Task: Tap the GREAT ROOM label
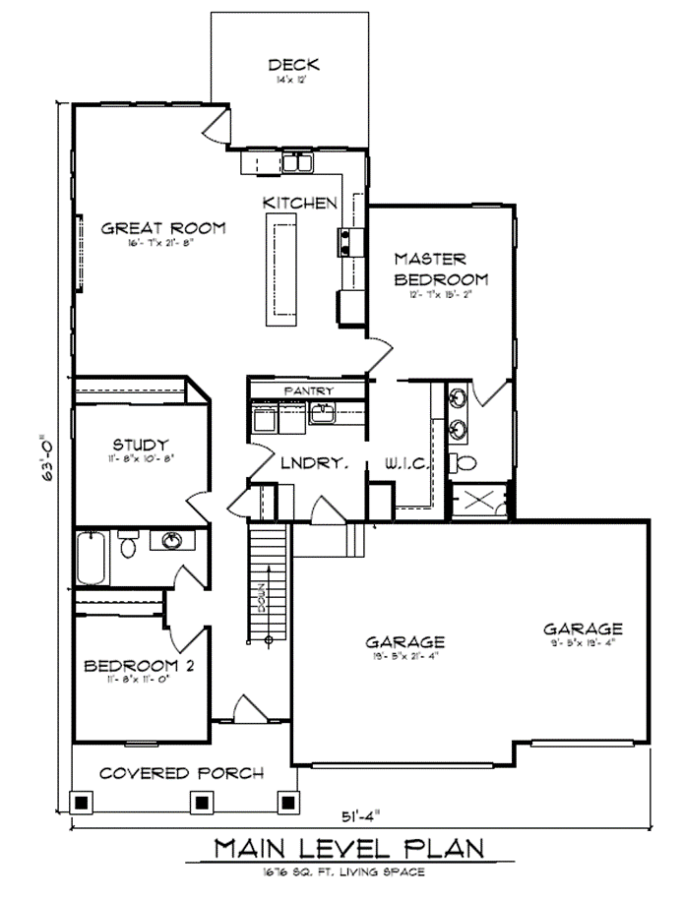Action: click(163, 228)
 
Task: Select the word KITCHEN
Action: click(300, 203)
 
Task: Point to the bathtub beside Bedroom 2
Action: click(91, 558)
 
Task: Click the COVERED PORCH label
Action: click(182, 773)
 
